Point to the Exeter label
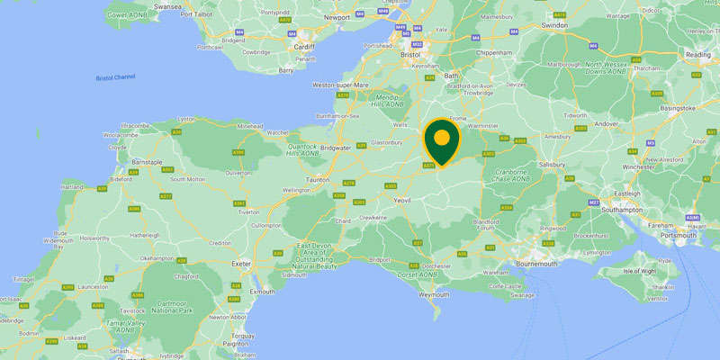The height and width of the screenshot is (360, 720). point(240,264)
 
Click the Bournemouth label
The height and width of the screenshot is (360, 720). point(514,264)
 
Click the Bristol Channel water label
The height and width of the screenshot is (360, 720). point(115,77)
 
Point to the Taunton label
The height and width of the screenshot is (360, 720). point(320,180)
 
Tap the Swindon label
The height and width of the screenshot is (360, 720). point(556,26)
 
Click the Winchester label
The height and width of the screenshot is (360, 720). point(638,166)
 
